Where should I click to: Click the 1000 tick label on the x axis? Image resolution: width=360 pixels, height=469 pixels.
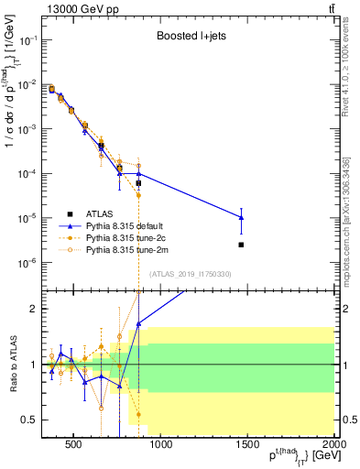click(x=161, y=446)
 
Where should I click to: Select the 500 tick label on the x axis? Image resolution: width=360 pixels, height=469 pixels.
click(x=74, y=446)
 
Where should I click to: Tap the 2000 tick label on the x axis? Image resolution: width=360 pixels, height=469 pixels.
click(x=335, y=446)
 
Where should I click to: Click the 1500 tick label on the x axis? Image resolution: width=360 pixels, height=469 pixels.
click(x=248, y=446)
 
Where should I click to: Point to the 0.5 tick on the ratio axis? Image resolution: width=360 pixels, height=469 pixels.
click(x=27, y=420)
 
